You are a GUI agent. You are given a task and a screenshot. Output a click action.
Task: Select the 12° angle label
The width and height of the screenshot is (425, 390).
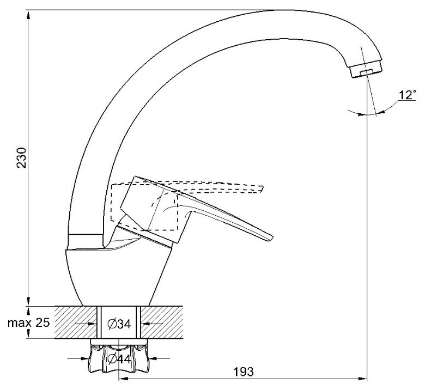406,95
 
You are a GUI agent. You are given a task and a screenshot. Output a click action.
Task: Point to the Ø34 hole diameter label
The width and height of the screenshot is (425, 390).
119,324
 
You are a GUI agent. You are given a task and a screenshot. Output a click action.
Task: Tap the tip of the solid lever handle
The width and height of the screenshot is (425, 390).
270,236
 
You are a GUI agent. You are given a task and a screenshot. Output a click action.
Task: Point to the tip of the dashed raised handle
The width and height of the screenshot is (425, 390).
262,188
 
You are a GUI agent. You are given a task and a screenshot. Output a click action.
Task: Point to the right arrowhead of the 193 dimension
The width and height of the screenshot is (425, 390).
363,379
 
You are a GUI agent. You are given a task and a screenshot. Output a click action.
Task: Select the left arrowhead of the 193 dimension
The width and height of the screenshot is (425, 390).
123,379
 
